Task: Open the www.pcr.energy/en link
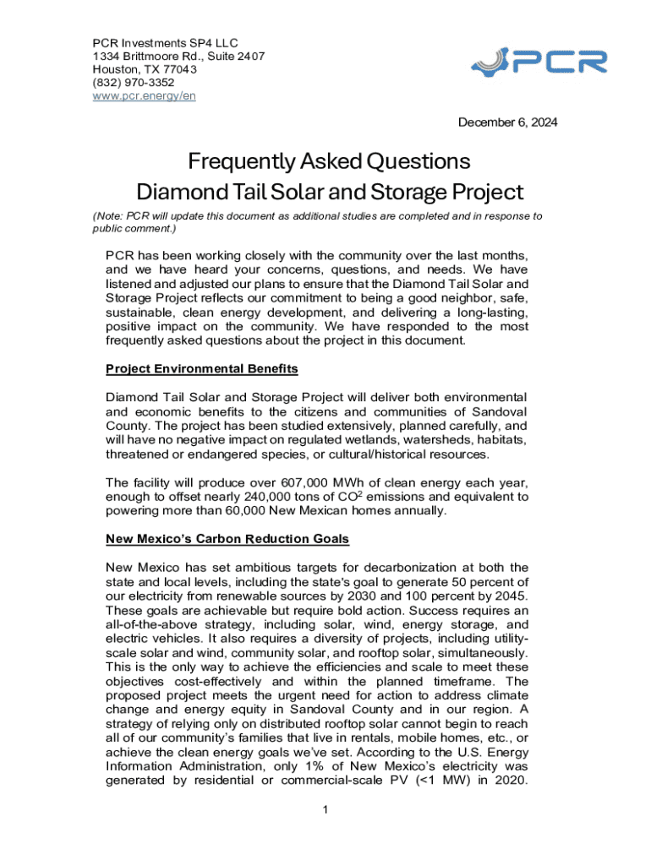[x=144, y=95]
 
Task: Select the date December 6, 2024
[x=507, y=122]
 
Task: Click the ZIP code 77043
[x=178, y=70]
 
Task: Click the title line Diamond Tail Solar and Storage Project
[x=330, y=191]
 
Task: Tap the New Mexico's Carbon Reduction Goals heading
[x=227, y=538]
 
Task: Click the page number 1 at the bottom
[x=325, y=811]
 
